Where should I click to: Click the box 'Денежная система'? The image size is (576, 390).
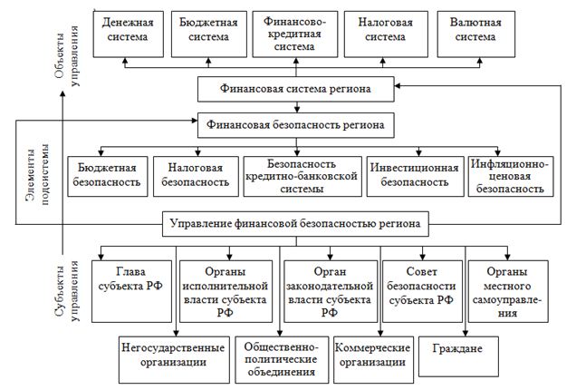tap(128, 30)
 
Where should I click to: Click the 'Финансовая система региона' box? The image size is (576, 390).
tap(295, 89)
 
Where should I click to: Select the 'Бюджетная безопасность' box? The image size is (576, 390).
tap(108, 175)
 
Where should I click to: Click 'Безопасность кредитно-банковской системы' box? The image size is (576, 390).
tap(302, 175)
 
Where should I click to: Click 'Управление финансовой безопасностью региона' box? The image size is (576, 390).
tap(295, 223)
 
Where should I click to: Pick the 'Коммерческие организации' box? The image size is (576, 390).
tap(370, 355)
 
